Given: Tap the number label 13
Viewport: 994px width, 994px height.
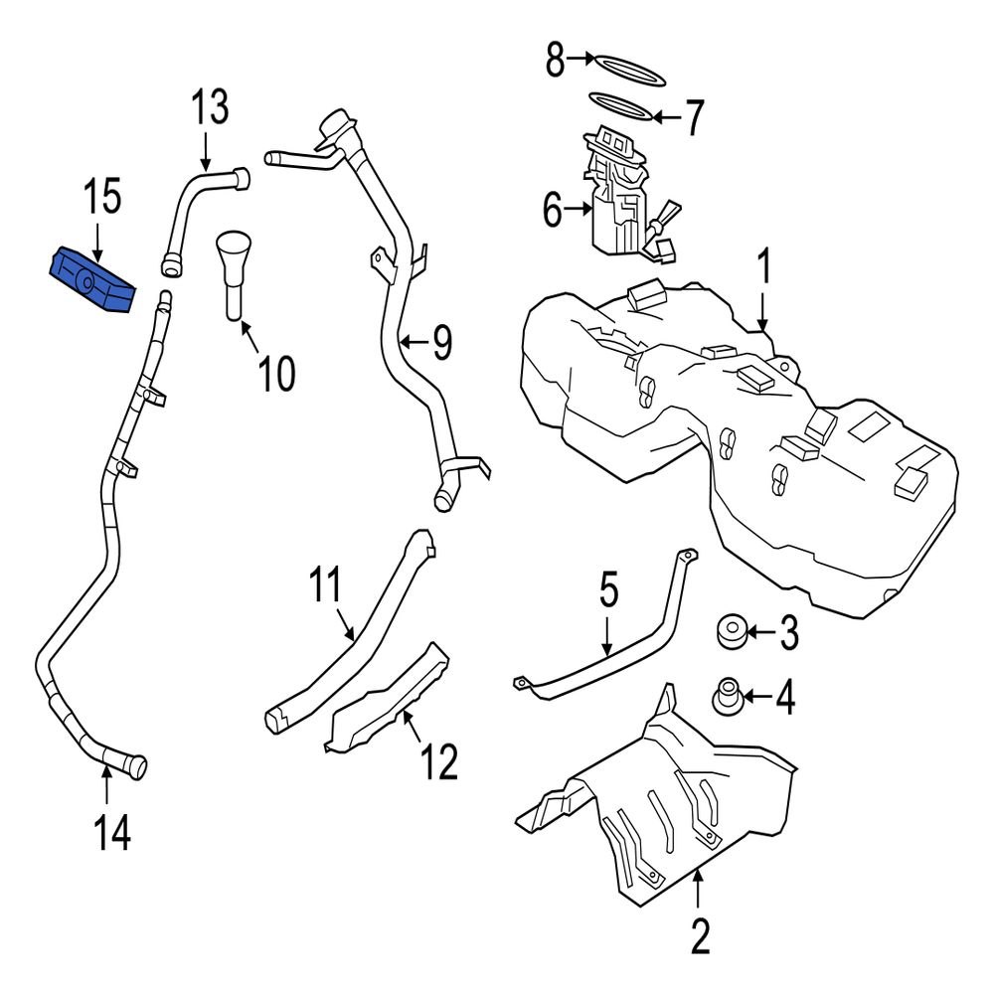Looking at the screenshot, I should point(210,108).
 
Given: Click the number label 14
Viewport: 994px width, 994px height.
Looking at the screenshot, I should point(112,833).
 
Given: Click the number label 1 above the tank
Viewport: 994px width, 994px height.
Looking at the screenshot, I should point(765,269).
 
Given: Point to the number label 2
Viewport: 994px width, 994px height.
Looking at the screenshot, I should point(700,935).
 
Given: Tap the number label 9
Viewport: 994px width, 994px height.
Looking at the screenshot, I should point(441,344).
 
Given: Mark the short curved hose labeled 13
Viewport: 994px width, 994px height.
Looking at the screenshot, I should point(194,209).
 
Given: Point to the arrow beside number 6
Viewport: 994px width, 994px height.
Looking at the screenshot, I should point(580,210).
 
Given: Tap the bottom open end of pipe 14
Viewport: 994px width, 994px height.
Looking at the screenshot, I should point(136,767).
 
